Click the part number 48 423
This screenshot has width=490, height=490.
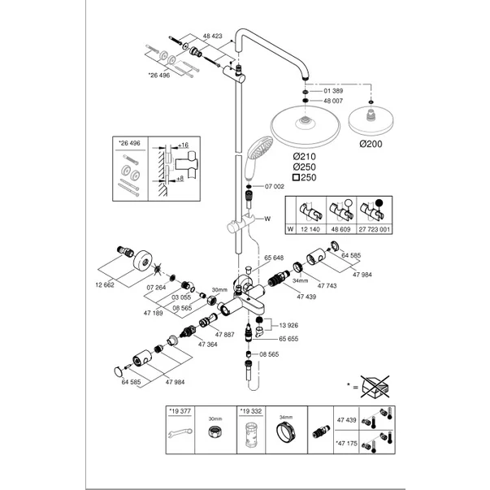[214, 37]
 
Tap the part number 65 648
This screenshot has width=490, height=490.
[274, 258]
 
